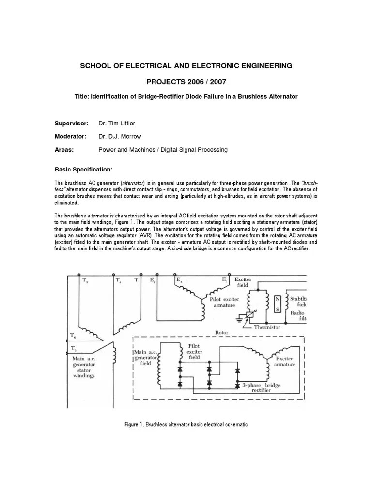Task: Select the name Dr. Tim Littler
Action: [117, 124]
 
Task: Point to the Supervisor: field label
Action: [71, 124]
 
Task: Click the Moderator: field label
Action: [70, 137]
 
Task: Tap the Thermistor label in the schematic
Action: [267, 327]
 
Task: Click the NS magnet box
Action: [278, 304]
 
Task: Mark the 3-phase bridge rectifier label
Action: [262, 388]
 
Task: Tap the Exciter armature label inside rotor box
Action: [285, 361]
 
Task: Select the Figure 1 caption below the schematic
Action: [186, 424]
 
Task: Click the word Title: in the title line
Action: [82, 97]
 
